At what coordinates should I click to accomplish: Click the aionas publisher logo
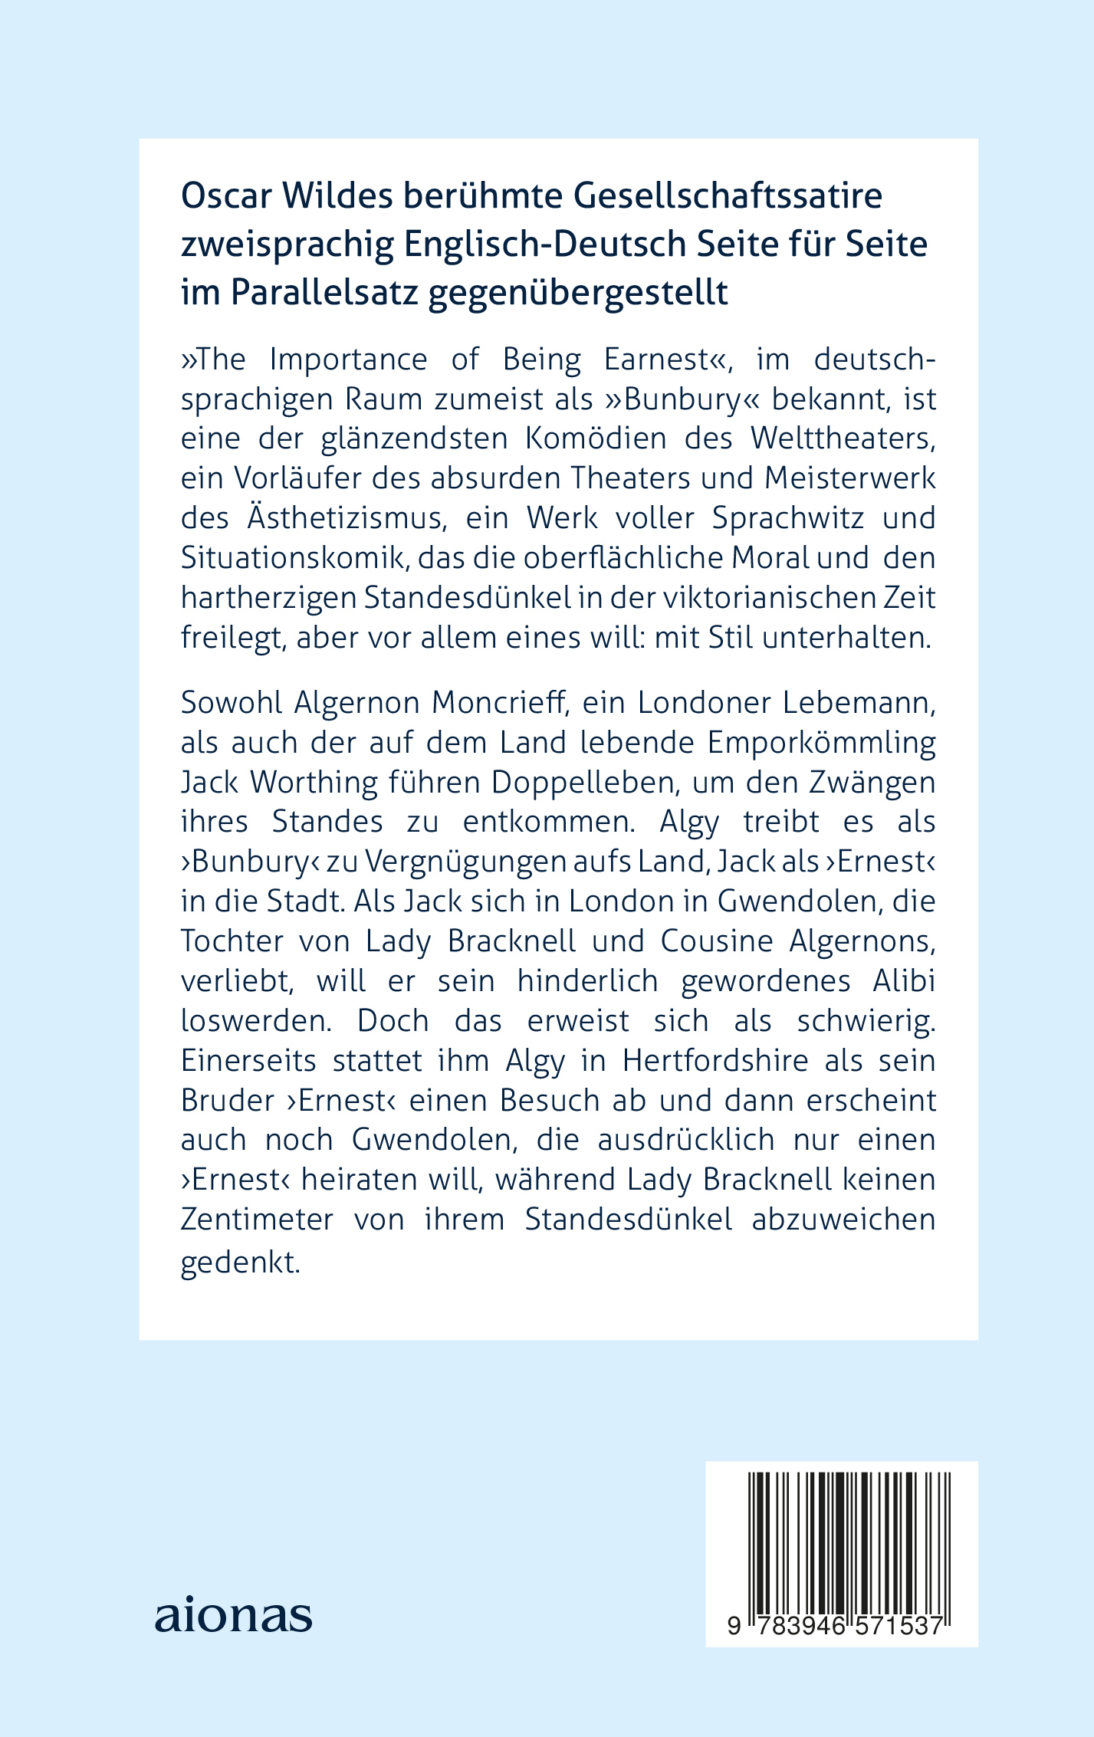[233, 1615]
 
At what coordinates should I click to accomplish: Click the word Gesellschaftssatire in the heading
[728, 196]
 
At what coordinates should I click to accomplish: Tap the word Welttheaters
[843, 438]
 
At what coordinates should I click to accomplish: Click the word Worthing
[314, 783]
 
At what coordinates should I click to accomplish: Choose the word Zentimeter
[257, 1220]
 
